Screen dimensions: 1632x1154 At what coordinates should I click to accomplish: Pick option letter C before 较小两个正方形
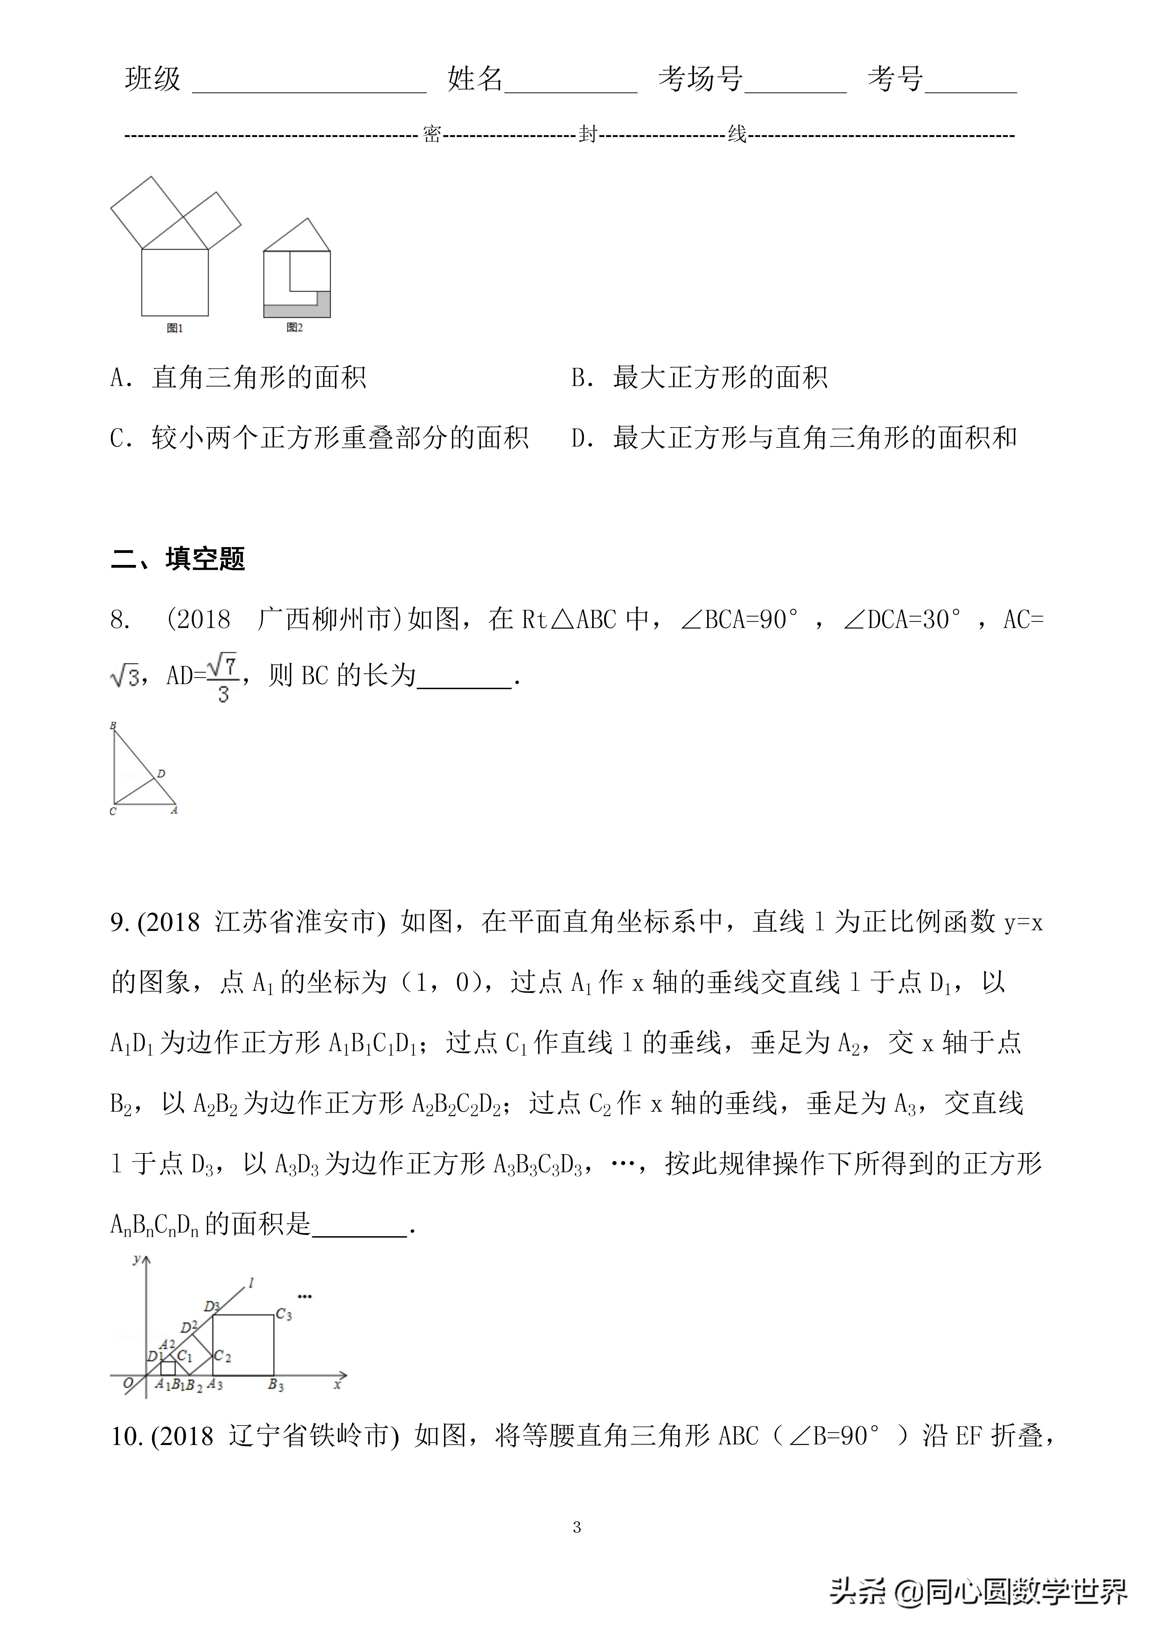118,438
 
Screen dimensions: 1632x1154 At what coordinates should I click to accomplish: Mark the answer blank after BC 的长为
464,677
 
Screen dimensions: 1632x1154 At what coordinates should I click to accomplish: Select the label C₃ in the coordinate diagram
284,1314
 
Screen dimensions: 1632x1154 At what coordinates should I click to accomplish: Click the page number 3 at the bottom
577,1526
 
